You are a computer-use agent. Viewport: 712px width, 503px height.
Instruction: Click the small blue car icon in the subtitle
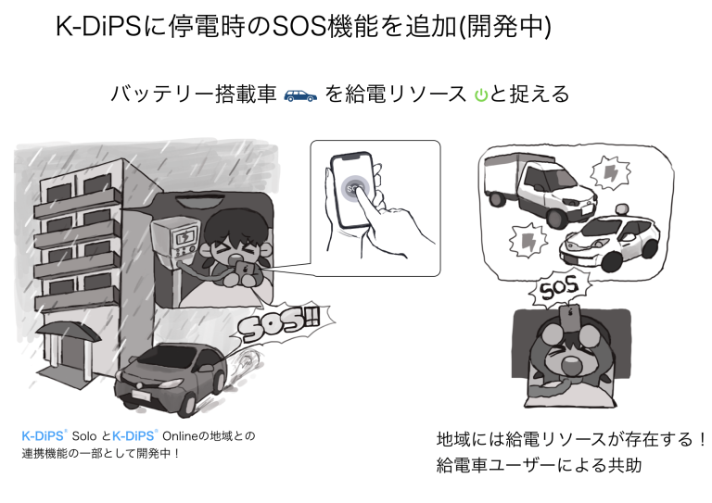tap(300, 94)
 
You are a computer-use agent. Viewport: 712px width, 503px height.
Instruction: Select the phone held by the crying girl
tap(247, 270)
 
